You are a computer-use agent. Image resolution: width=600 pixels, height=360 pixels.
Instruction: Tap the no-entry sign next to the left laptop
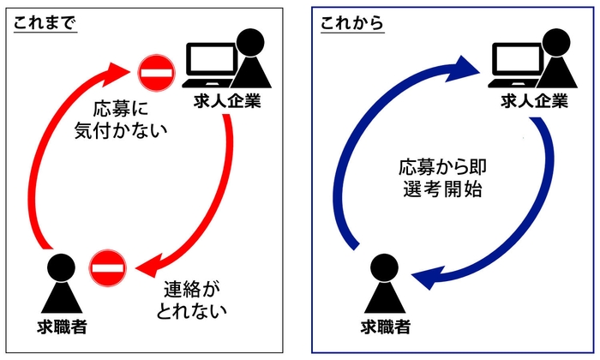coord(157,71)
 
